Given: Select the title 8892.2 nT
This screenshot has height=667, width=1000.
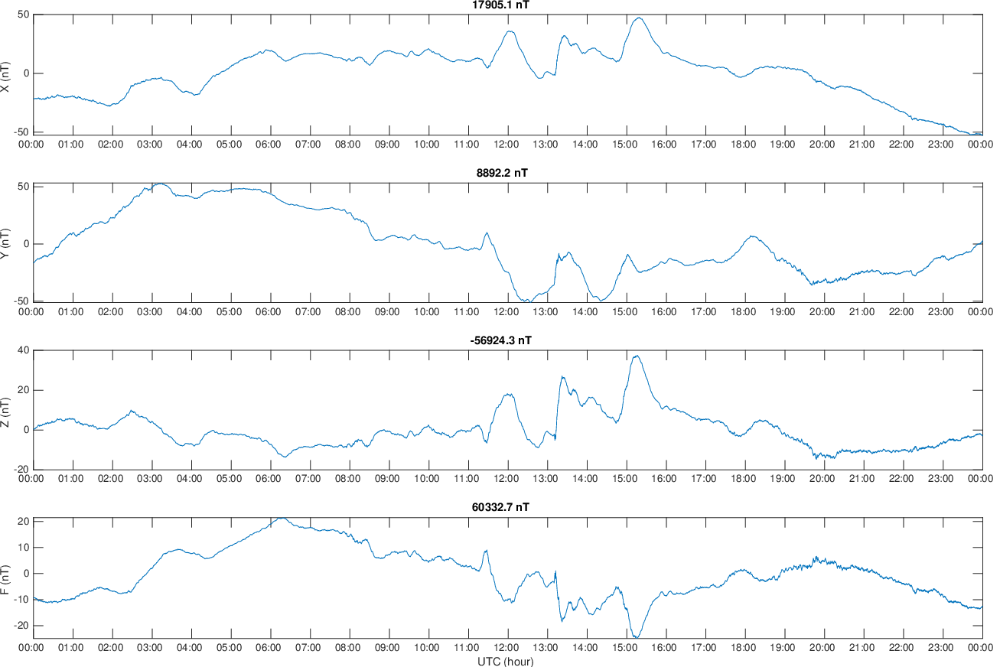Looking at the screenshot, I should click(502, 173).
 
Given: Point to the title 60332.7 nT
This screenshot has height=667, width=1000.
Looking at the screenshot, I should click(502, 508).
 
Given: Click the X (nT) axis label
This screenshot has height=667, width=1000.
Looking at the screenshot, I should click(6, 78).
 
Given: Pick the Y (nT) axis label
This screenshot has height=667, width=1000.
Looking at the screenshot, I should click(6, 245).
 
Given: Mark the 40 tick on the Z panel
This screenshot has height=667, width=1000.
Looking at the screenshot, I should click(22, 350).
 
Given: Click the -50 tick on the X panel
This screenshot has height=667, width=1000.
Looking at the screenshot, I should click(19, 132).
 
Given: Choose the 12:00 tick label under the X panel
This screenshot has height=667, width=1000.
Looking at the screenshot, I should click(507, 144).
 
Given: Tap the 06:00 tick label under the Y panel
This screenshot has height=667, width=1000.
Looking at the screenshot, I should click(269, 311).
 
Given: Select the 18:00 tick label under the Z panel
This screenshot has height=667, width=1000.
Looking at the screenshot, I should click(744, 479).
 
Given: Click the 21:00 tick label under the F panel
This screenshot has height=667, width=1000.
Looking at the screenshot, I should click(862, 647).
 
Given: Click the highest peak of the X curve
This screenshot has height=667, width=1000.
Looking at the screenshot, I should click(638, 18).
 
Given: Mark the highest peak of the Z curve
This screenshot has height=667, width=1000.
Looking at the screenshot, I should click(637, 356).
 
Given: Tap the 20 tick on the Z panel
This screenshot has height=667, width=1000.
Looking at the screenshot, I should click(22, 390).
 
